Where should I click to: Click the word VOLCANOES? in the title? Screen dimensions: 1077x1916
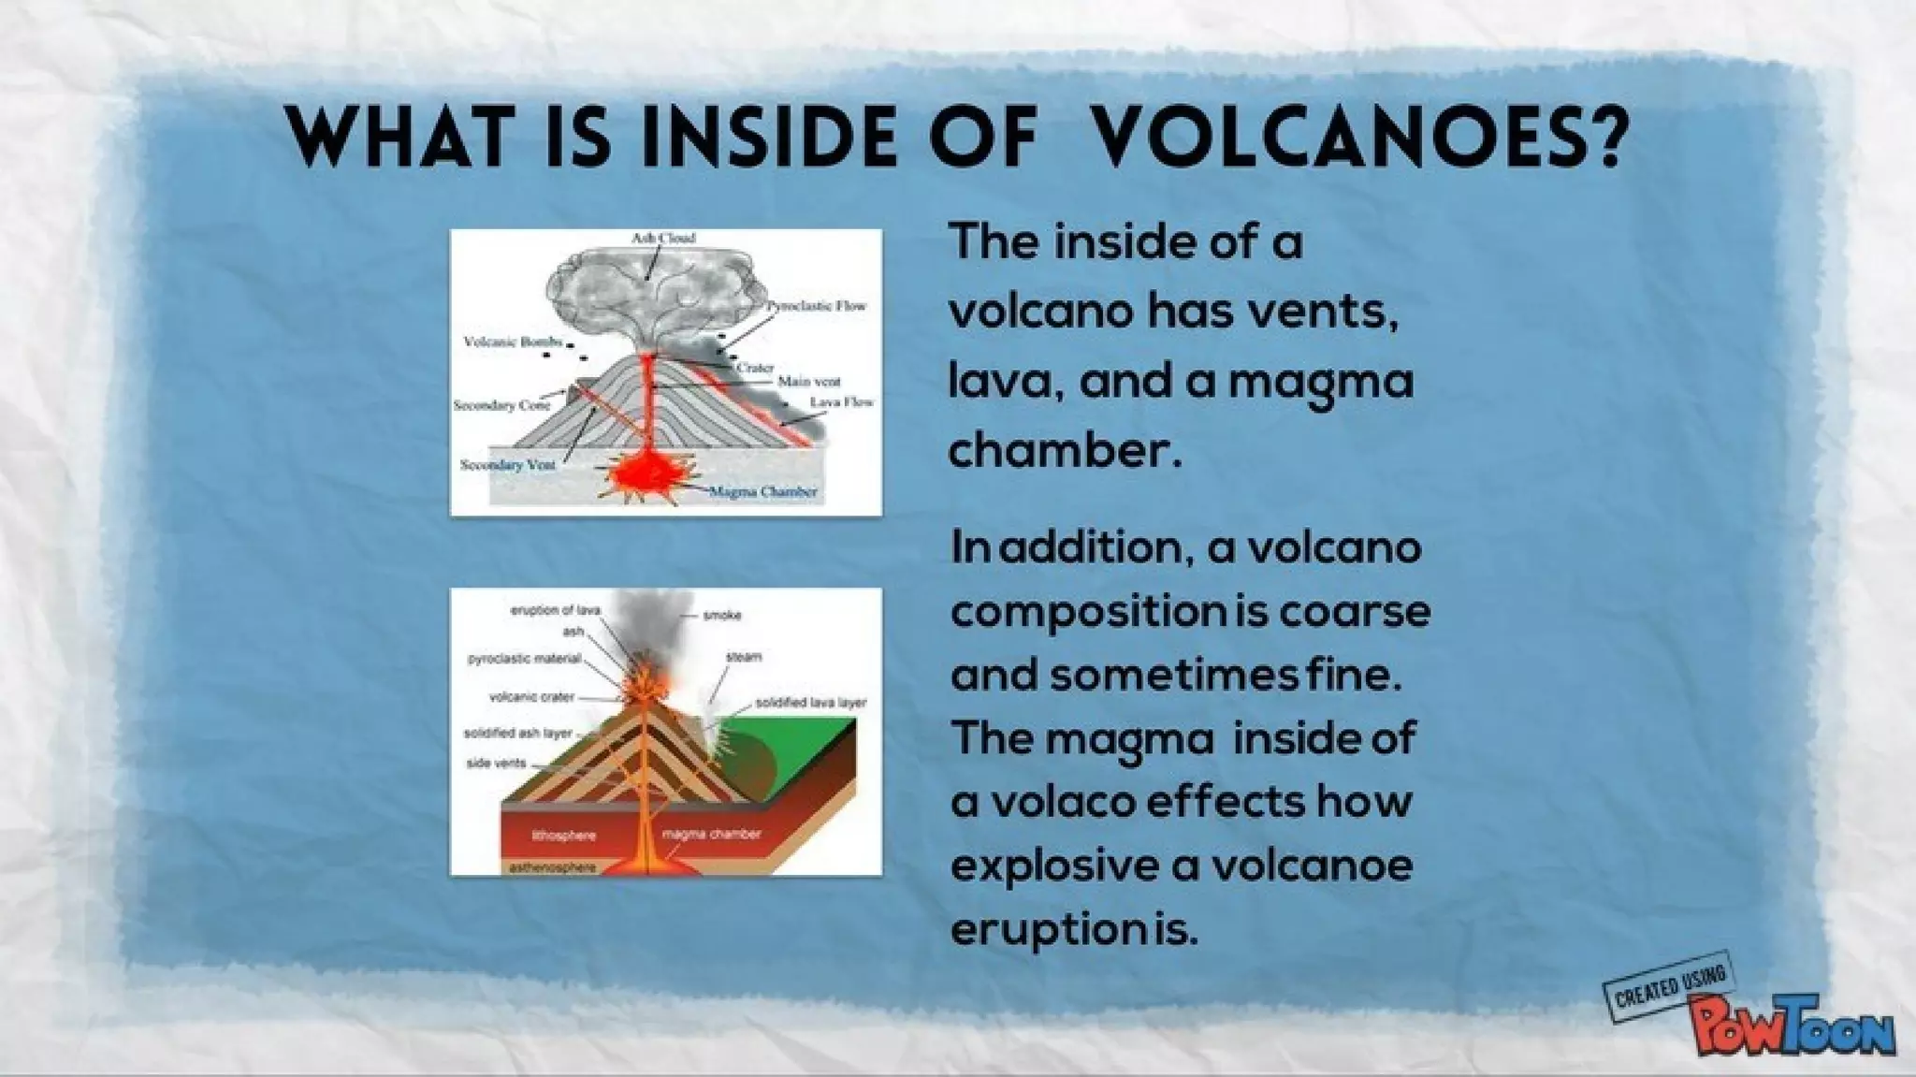pos(1357,139)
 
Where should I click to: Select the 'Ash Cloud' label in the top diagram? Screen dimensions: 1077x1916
pos(663,238)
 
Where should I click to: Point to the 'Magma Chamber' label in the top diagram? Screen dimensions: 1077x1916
pos(762,491)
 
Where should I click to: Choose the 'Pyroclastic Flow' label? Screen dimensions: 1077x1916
pos(817,306)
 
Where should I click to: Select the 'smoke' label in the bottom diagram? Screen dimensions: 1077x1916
pos(721,615)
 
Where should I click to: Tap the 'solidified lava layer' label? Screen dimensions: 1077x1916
pos(810,702)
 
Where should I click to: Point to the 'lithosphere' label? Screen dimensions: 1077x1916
pos(563,834)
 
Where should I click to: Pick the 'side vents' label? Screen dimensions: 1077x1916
pos(496,764)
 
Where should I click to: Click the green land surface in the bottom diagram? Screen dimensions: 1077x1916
pos(814,739)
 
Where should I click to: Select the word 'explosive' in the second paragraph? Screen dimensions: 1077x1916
pos(1053,865)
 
